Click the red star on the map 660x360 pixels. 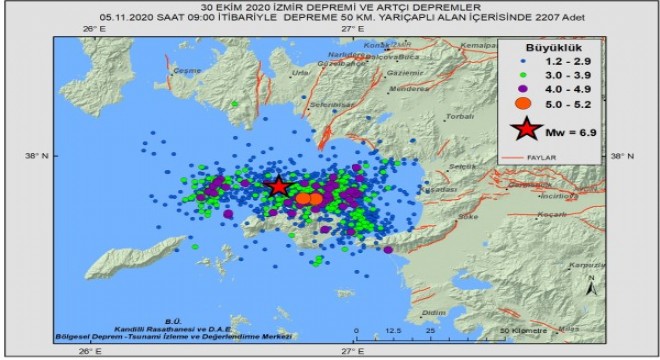(x=278, y=186)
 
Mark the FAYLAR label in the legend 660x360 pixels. (x=569, y=157)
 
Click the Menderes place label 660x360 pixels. (x=410, y=88)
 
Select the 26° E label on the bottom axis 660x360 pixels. (x=92, y=350)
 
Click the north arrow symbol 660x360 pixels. (x=593, y=285)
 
